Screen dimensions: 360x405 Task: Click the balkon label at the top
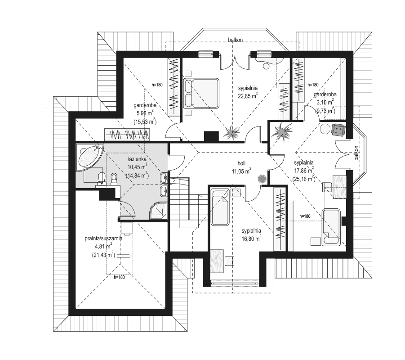(x=235, y=40)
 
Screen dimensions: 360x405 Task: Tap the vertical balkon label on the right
(x=356, y=153)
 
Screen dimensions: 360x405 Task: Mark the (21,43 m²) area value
(x=102, y=255)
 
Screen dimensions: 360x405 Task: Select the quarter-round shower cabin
(x=157, y=210)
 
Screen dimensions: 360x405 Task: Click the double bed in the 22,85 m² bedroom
(x=201, y=93)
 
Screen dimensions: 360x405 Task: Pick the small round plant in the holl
(x=262, y=179)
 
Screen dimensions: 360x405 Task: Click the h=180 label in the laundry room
(x=119, y=277)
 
